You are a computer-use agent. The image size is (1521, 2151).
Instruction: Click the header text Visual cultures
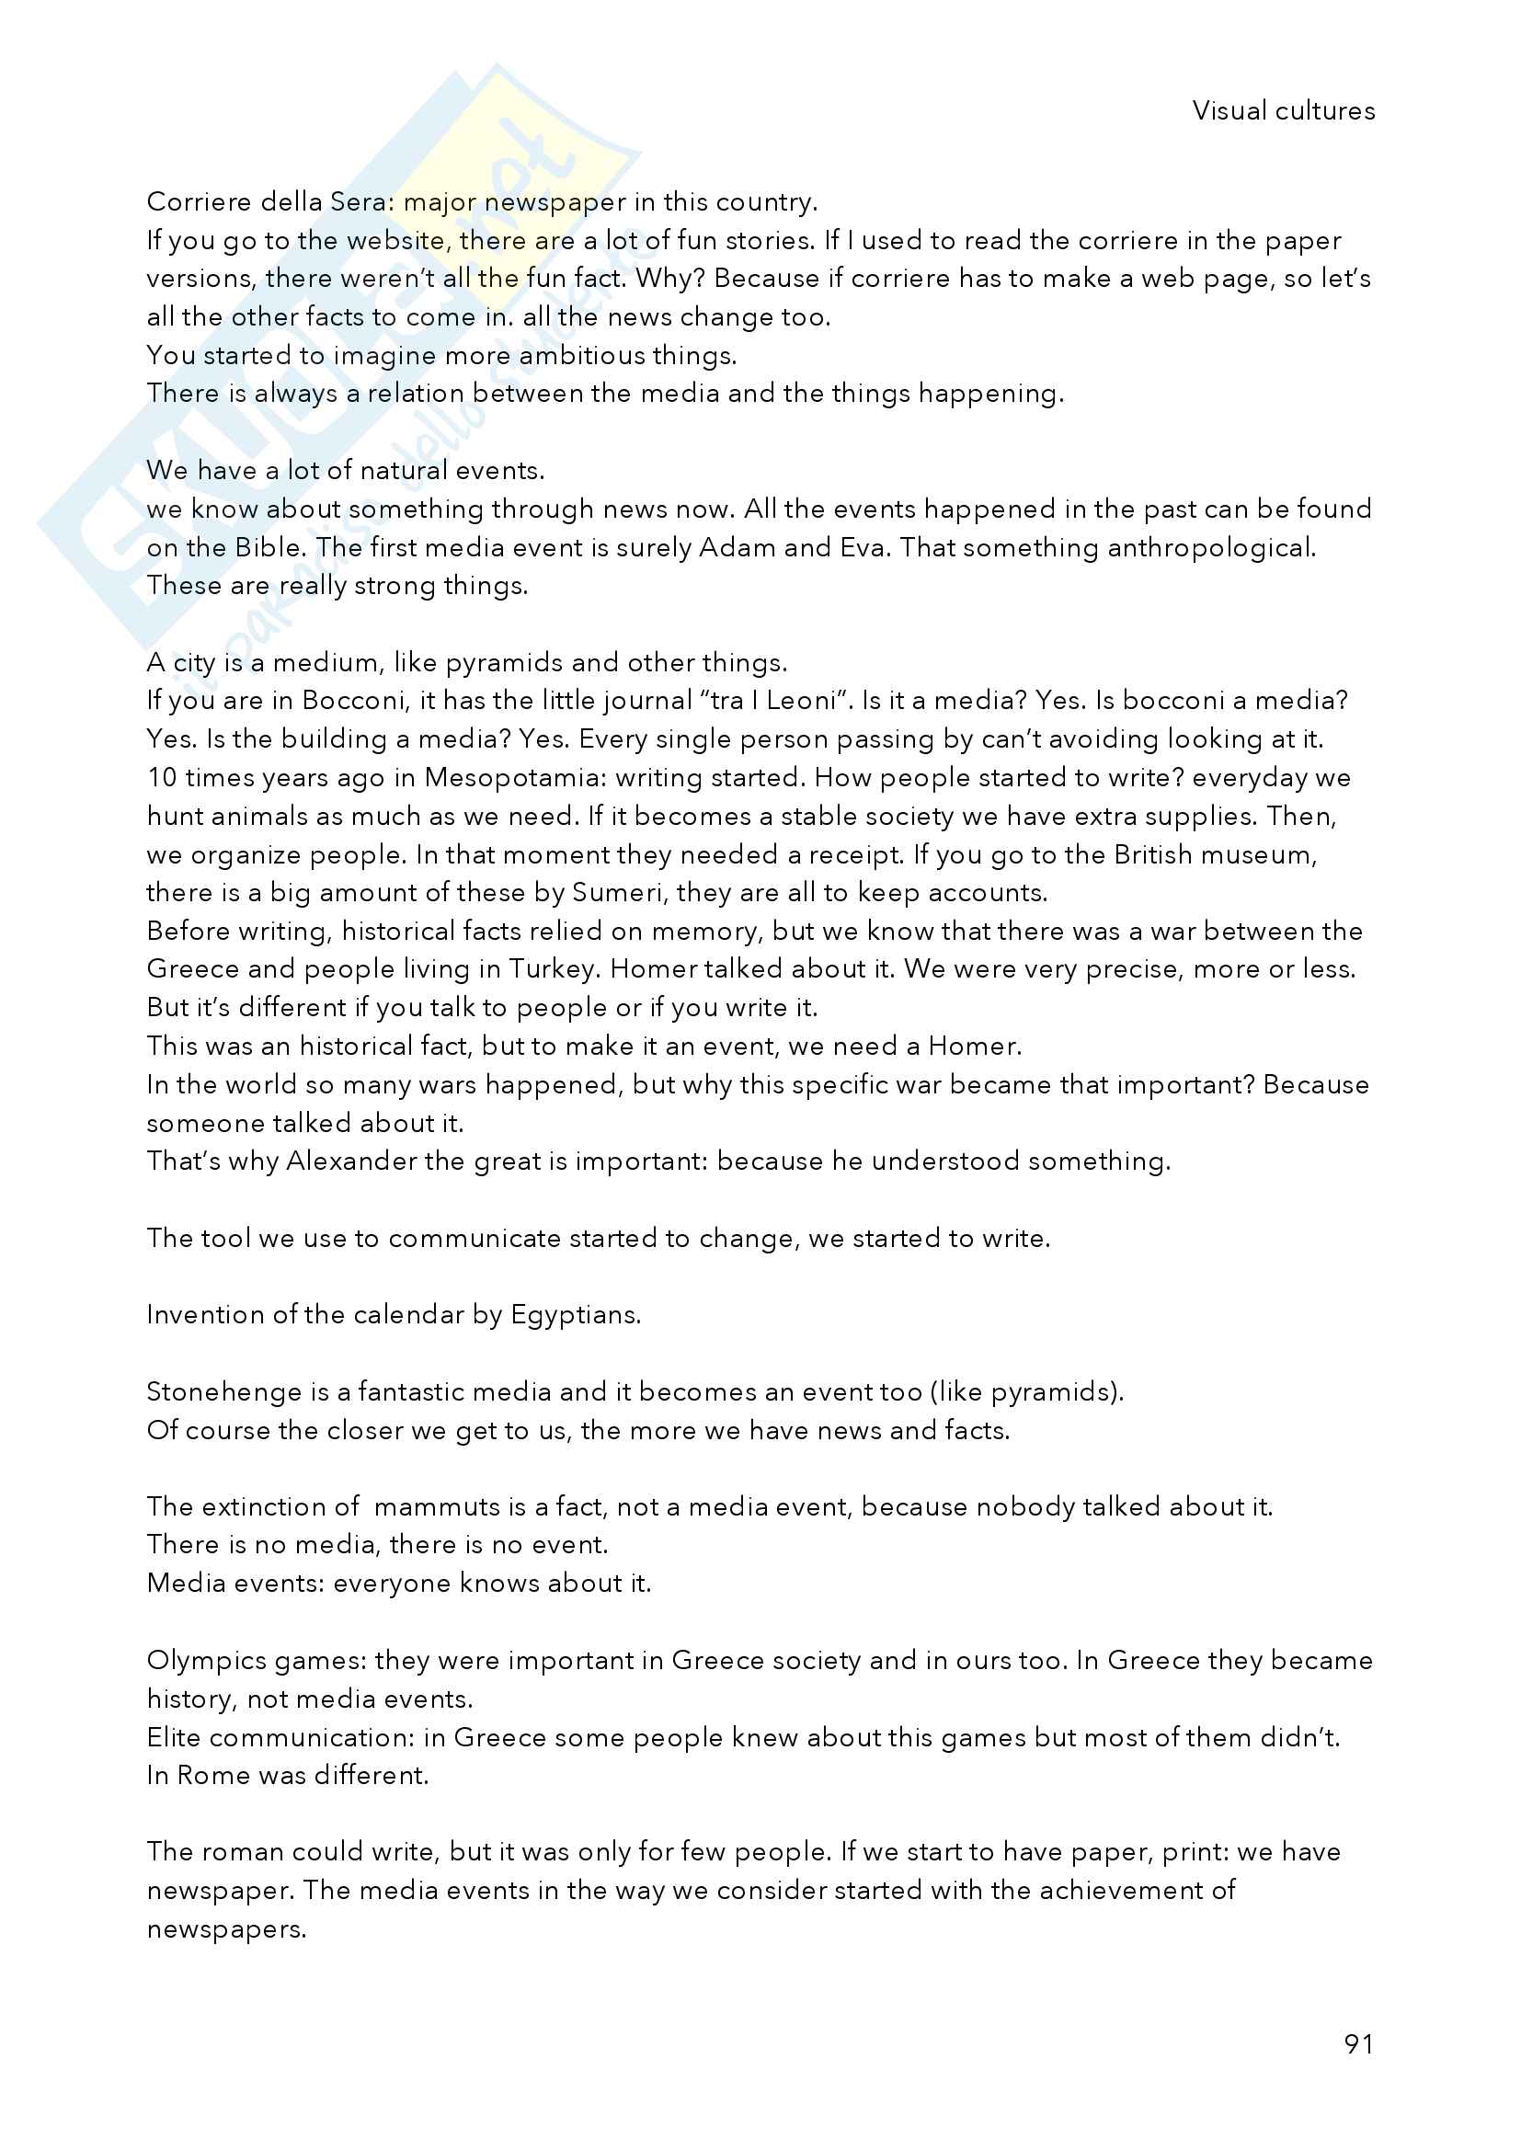(x=1283, y=111)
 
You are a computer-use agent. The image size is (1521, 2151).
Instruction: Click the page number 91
(x=1358, y=2044)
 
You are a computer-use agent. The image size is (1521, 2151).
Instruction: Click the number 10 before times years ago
(x=162, y=778)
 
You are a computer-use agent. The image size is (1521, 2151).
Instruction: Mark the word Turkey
(x=552, y=968)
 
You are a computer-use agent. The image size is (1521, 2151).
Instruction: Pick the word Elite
(x=174, y=1738)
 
